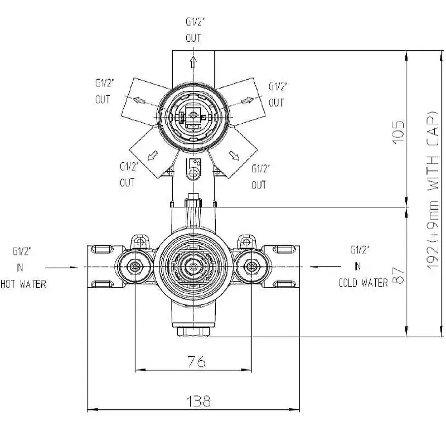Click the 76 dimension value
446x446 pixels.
pos(197,361)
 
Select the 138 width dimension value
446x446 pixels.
pos(198,401)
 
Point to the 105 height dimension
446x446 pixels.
pos(399,132)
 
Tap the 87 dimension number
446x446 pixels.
pos(399,275)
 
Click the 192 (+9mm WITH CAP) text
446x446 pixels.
pos(433,190)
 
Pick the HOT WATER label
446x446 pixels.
pos(23,284)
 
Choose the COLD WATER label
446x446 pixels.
pos(363,283)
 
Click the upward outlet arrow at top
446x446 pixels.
pos(193,62)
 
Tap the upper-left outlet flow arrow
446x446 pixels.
pos(139,100)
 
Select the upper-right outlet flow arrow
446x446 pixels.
pos(248,100)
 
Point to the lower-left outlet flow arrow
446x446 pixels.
pos(152,156)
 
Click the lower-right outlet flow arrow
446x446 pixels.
pos(234,156)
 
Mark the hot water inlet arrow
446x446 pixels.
pos(62,268)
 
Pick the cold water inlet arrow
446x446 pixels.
pos(326,267)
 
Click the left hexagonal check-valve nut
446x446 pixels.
pos(134,267)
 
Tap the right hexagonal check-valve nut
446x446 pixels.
pos(251,267)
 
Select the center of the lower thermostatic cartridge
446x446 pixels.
pos(193,267)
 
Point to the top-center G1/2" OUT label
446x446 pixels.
pos(195,30)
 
